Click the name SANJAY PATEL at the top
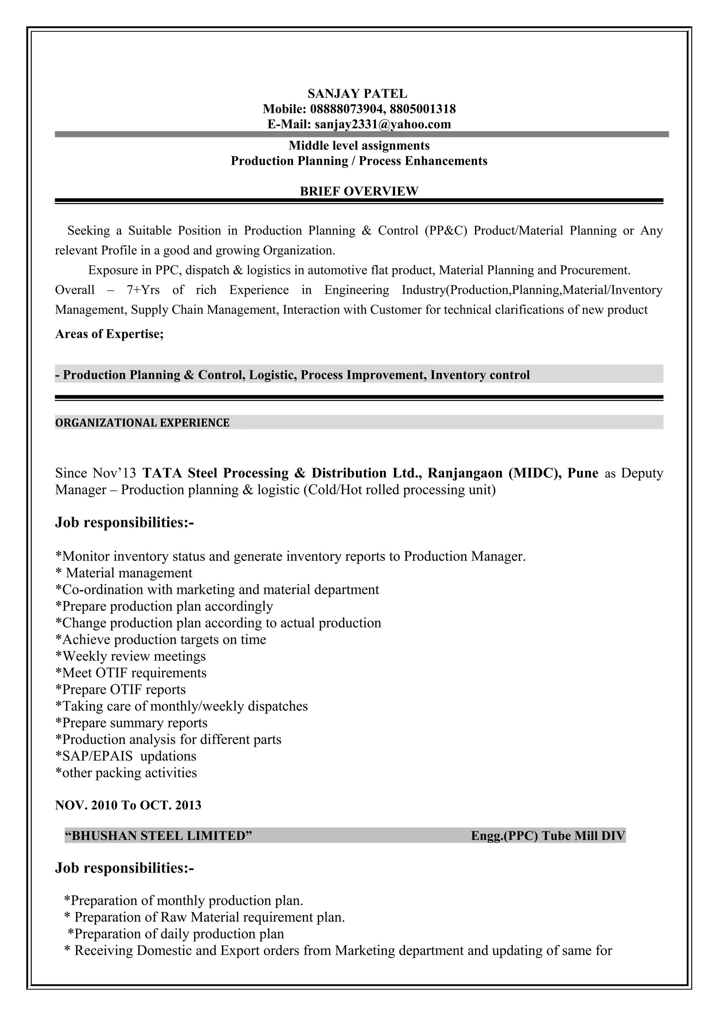[x=358, y=94]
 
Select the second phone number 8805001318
[x=423, y=109]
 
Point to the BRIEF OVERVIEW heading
[x=359, y=191]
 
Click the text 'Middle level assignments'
[x=359, y=145]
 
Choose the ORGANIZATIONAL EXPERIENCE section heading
[x=142, y=422]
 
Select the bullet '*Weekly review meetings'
[x=130, y=656]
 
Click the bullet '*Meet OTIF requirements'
[x=131, y=673]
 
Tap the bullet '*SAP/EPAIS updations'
[x=126, y=756]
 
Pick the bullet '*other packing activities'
[x=126, y=773]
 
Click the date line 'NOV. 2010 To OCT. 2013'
[x=128, y=805]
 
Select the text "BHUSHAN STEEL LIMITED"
[x=158, y=835]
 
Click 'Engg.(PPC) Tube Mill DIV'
[x=548, y=835]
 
